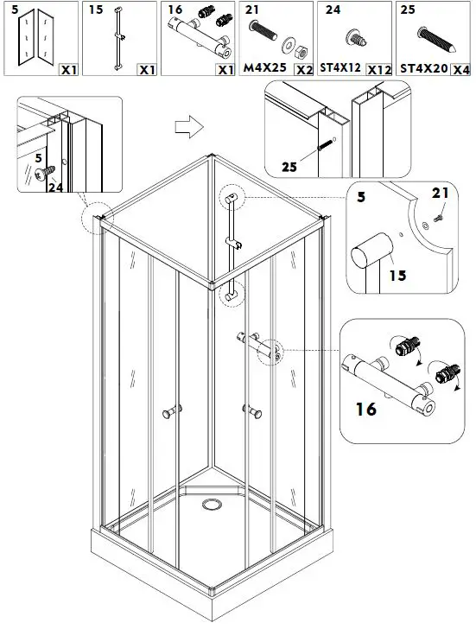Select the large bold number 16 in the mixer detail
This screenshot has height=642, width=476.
tap(365, 409)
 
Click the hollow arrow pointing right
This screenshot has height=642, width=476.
tap(186, 127)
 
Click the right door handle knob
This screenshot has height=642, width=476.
tap(253, 410)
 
